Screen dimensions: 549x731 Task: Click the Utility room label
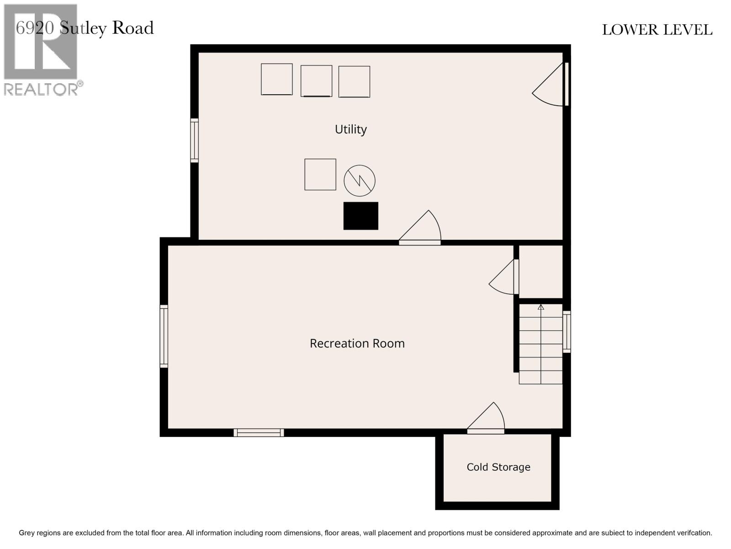tap(350, 129)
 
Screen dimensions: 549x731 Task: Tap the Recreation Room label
tap(357, 343)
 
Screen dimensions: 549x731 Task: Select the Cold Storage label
tap(498, 467)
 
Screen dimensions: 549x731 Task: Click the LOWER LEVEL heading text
tap(657, 30)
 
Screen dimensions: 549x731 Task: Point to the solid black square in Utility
tap(360, 215)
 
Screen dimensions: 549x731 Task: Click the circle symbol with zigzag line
tap(360, 180)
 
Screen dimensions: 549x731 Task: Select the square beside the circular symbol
tap(320, 174)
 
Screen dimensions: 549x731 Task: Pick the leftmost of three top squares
tap(276, 79)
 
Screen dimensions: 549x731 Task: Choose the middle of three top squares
tap(316, 81)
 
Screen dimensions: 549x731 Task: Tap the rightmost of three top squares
tap(354, 81)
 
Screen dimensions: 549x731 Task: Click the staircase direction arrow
tap(541, 307)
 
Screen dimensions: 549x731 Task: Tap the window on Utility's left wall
tap(195, 140)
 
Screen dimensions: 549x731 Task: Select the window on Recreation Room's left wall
tap(164, 336)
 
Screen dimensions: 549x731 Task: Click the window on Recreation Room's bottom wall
tap(259, 432)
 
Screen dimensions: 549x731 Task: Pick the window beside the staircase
tap(567, 332)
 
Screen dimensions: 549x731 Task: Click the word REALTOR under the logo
tap(41, 89)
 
